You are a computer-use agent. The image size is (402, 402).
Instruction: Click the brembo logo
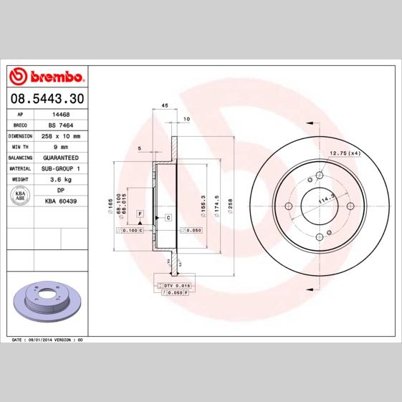47,76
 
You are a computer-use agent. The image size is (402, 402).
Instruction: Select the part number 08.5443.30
46,98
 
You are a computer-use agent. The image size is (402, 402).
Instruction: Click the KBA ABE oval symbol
19,196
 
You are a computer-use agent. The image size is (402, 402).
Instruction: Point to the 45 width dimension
164,105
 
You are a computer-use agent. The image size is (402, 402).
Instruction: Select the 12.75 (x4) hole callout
345,153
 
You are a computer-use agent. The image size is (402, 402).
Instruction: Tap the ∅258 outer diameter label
231,204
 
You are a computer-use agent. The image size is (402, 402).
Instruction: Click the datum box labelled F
140,214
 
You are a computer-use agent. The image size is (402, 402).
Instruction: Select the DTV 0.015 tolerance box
172,286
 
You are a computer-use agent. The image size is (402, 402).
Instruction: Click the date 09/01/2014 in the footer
41,339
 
